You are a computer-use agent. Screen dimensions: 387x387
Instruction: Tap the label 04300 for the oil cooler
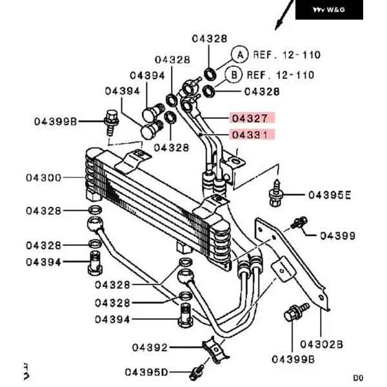tap(44, 177)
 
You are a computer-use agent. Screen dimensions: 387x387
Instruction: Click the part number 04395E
tap(330, 194)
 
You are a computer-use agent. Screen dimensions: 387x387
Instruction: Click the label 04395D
tap(146, 372)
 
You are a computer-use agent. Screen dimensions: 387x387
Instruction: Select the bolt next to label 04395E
tap(276, 195)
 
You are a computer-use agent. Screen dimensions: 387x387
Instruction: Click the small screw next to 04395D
tap(197, 372)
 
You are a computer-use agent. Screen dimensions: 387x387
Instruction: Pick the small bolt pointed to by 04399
tap(298, 223)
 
